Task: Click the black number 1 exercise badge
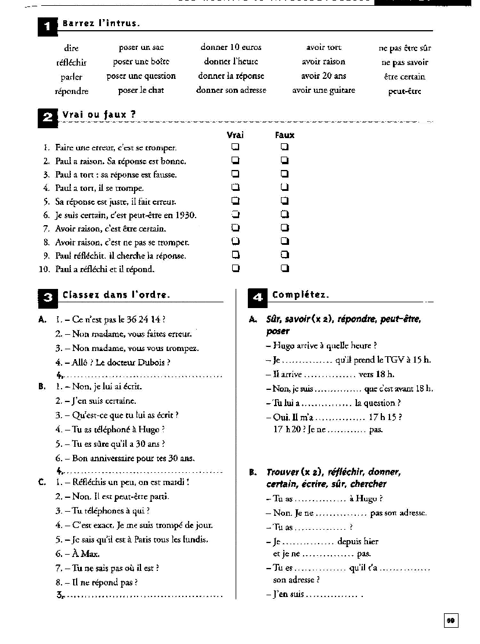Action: [x=48, y=26]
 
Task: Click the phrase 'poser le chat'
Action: [x=141, y=91]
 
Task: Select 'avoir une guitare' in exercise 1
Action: [x=323, y=91]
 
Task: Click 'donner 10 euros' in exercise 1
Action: [x=231, y=48]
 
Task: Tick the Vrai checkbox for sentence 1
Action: [x=236, y=147]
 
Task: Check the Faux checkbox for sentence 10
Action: [x=284, y=268]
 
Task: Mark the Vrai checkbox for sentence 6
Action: [x=236, y=215]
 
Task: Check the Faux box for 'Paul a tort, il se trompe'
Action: [x=284, y=187]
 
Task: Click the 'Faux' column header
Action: [x=284, y=135]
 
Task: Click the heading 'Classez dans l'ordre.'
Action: [x=116, y=295]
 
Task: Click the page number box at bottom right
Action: [x=450, y=621]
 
